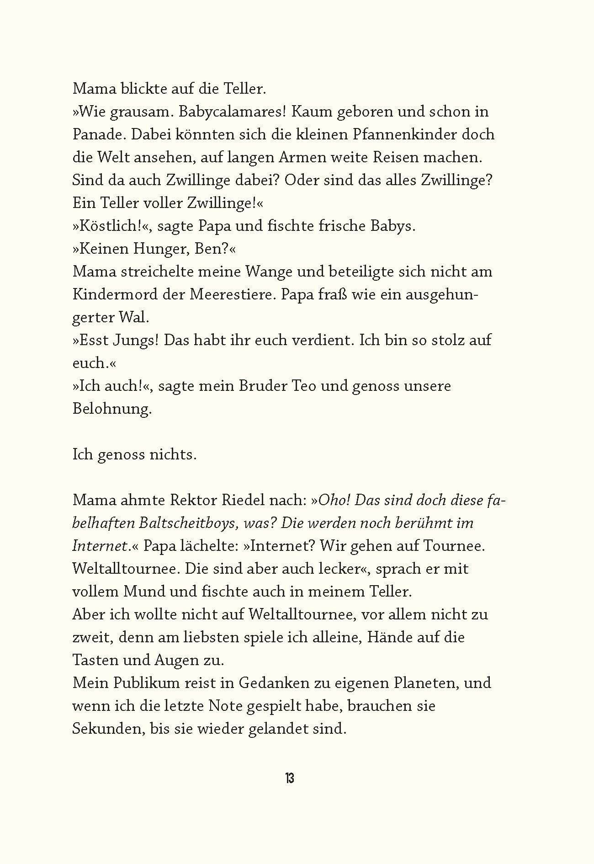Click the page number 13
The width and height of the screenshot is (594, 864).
tap(289, 778)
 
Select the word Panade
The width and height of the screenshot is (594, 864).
tap(94, 134)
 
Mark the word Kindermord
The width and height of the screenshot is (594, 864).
tap(113, 294)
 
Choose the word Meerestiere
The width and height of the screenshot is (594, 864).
tap(228, 294)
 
